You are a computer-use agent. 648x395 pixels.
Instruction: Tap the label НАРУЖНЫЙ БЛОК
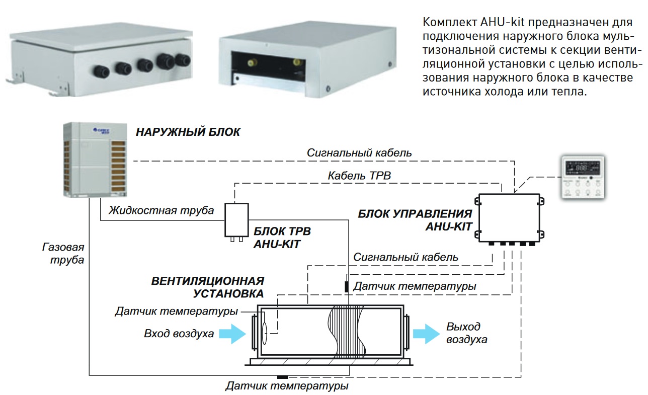[188, 133]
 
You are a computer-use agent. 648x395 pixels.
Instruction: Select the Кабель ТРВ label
[358, 176]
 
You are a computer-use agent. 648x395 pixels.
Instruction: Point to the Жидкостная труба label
[161, 210]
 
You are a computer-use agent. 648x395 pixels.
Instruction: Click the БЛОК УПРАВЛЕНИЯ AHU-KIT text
[415, 220]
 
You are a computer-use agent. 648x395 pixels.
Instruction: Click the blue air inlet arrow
[232, 334]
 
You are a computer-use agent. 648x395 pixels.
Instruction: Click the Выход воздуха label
[466, 333]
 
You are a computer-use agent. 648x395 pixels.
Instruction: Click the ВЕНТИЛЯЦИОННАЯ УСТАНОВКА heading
[207, 287]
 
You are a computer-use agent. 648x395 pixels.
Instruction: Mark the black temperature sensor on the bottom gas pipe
[283, 376]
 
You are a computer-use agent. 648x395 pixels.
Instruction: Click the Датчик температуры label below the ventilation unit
[287, 387]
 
